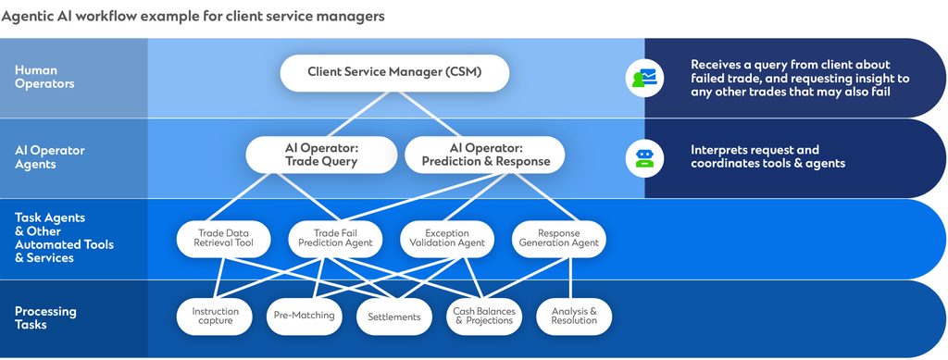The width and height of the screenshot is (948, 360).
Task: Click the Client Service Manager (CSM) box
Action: pyautogui.click(x=394, y=72)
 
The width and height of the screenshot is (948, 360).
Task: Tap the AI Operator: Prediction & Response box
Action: pyautogui.click(x=485, y=155)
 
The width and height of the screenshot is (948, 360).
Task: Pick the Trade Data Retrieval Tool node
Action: pyautogui.click(x=222, y=239)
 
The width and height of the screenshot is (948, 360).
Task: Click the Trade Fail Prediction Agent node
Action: pyautogui.click(x=335, y=239)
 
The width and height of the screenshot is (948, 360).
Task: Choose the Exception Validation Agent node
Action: pyautogui.click(x=446, y=239)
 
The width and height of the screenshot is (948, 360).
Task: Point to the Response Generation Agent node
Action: pyautogui.click(x=558, y=239)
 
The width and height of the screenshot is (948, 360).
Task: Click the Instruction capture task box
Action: pyautogui.click(x=216, y=317)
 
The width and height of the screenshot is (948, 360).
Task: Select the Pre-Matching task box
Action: pyautogui.click(x=304, y=316)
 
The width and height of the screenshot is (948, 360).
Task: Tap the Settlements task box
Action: pyautogui.click(x=393, y=317)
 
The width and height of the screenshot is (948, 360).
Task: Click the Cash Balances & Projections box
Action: pyautogui.click(x=483, y=317)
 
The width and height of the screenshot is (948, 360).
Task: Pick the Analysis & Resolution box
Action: pyautogui.click(x=574, y=317)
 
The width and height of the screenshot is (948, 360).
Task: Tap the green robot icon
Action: pyautogui.click(x=642, y=157)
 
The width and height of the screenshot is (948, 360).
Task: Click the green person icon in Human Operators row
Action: pyautogui.click(x=642, y=78)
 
